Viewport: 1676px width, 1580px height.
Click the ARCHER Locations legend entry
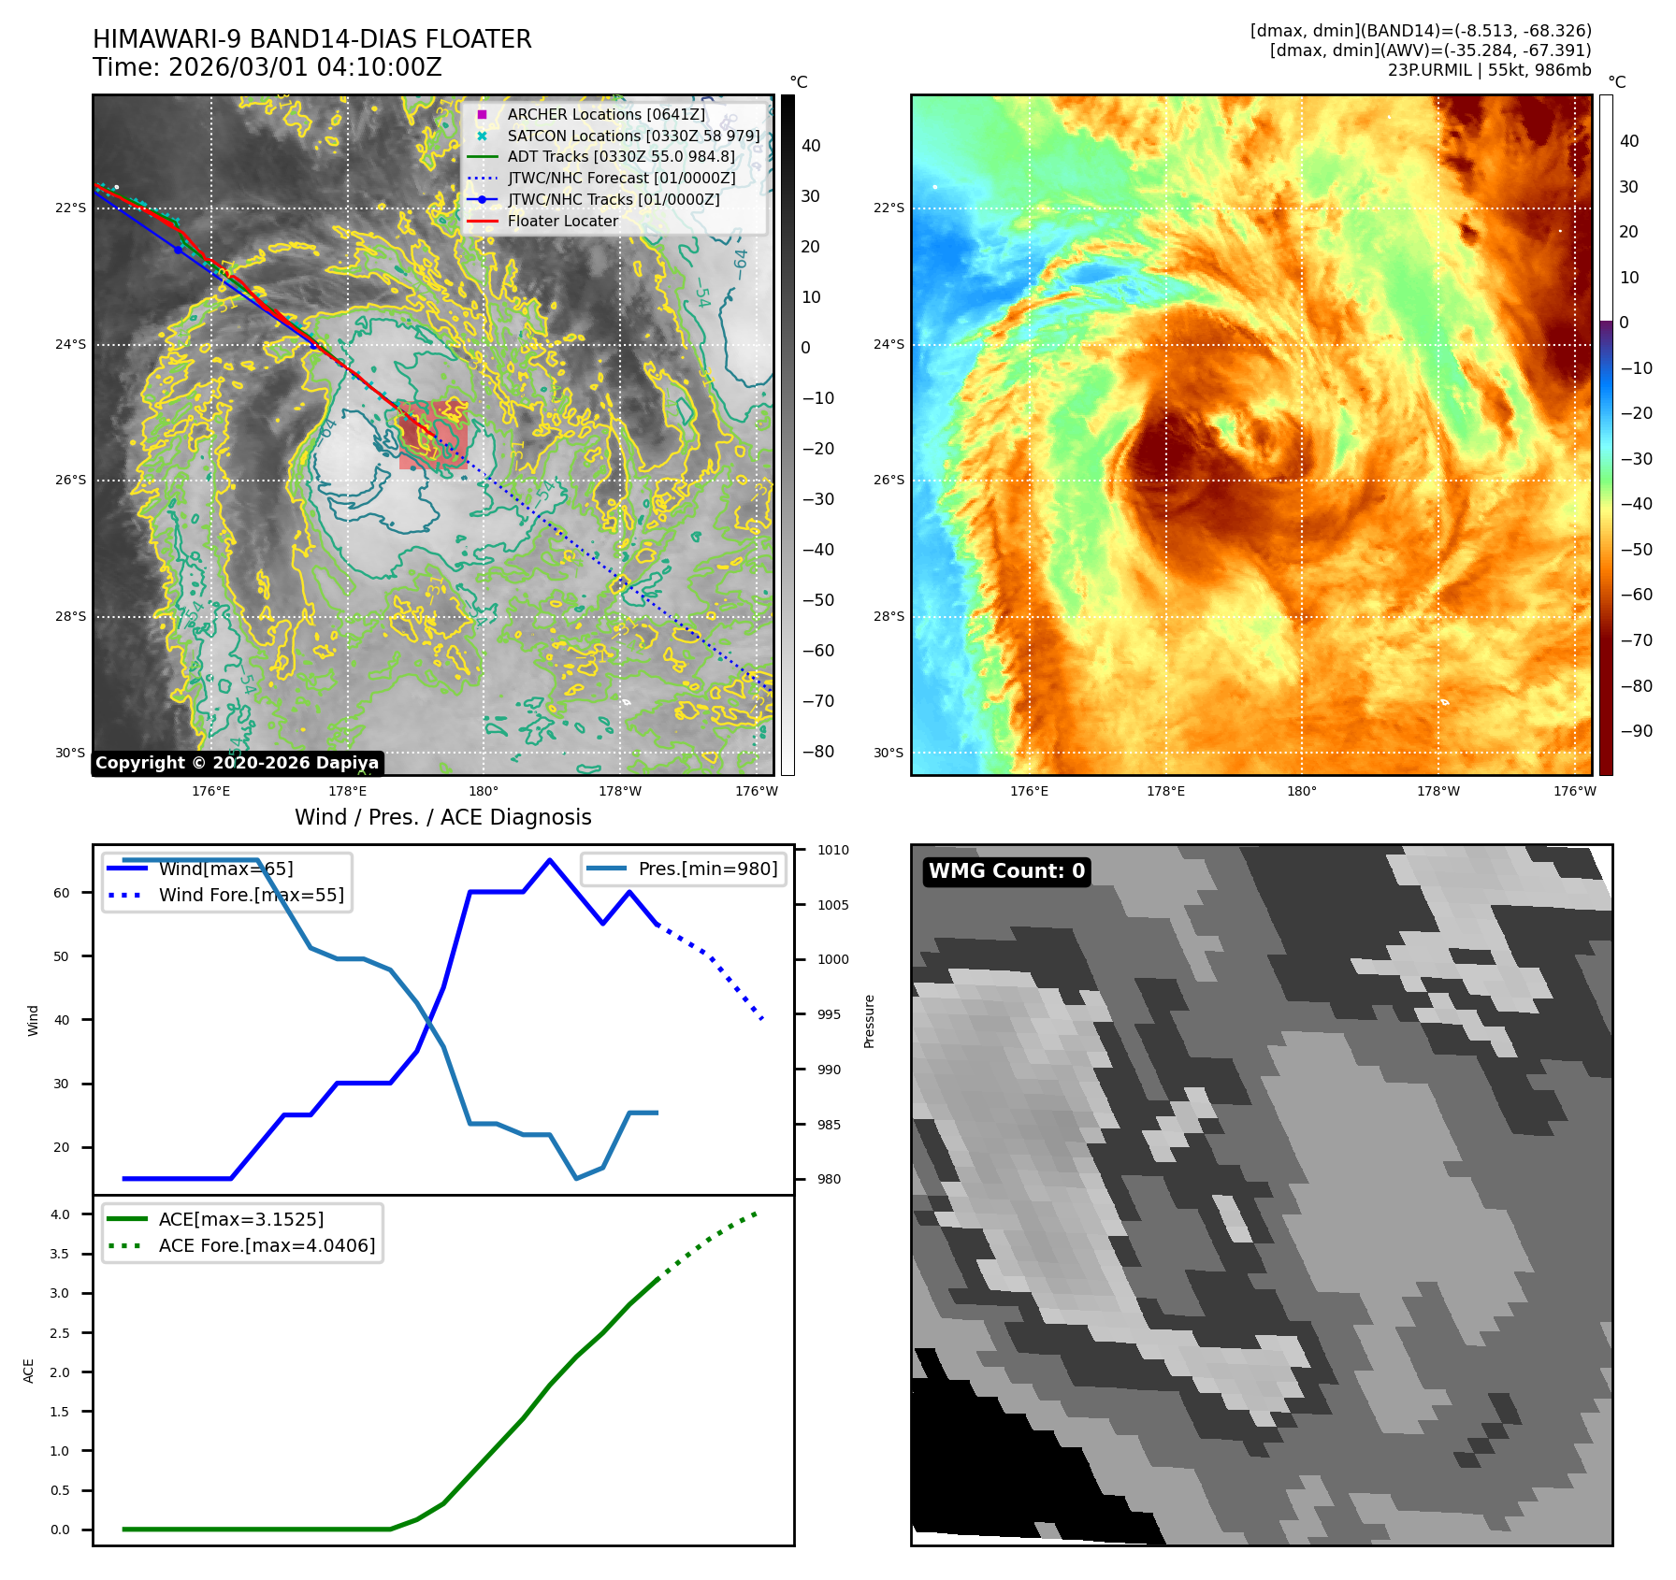coord(606,114)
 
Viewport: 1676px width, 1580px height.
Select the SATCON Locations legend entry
coord(633,136)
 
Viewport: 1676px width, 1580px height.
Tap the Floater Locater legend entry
coord(562,221)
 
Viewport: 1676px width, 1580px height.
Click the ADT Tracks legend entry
coord(621,157)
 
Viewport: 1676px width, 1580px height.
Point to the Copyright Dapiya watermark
coord(238,763)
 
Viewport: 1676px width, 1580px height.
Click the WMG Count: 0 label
coord(1006,871)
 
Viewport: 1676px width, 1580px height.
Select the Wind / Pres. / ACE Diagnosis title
coord(443,817)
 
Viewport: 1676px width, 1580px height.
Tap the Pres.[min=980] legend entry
coord(707,869)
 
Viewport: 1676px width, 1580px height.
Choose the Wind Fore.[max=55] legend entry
coord(251,895)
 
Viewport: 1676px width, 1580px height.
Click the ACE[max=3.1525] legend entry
coord(241,1219)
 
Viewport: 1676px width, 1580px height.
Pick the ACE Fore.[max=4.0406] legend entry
coord(267,1245)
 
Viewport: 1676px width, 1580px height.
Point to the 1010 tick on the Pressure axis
coord(832,850)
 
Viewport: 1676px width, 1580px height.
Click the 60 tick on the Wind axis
coord(62,893)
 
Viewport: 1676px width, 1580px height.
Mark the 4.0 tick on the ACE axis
coord(60,1214)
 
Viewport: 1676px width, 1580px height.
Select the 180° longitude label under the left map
coord(484,791)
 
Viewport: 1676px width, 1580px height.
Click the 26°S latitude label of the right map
coord(889,481)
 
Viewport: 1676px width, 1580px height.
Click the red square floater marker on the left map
coord(433,435)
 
